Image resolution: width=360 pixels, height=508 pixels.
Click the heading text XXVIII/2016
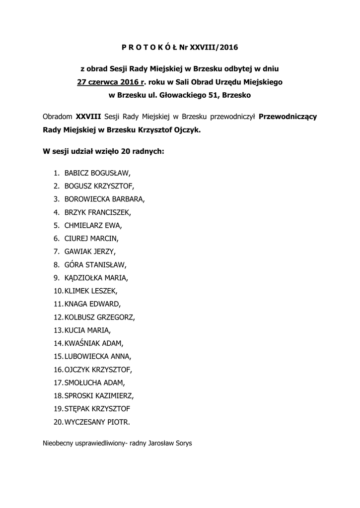click(217, 48)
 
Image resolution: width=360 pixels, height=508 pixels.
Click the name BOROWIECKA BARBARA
click(104, 199)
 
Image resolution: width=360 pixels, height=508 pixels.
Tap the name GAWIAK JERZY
click(90, 252)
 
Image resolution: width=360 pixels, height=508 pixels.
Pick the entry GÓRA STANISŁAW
click(95, 264)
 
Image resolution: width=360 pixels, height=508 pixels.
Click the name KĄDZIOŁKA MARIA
click(96, 277)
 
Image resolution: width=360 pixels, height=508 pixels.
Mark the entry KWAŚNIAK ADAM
click(94, 343)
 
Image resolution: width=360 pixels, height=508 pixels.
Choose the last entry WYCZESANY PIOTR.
click(97, 422)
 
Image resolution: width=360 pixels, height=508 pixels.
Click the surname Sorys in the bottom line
click(181, 443)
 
